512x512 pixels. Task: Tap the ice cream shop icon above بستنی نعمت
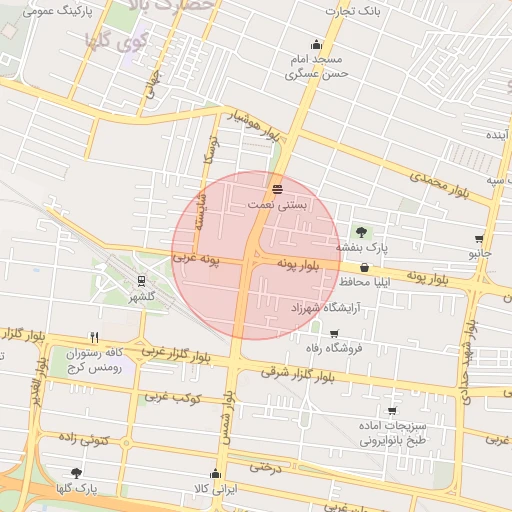coord(277,188)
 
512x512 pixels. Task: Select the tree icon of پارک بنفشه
coord(361,232)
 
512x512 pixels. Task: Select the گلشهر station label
coord(142,297)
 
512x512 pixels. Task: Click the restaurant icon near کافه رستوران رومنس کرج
coord(94,337)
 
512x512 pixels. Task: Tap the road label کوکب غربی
coord(173,398)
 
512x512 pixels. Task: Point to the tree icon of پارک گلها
coord(76,473)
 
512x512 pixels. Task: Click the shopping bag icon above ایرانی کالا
coord(216,474)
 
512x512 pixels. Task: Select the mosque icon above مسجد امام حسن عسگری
coord(317,44)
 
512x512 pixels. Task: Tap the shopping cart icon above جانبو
coord(480,239)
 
